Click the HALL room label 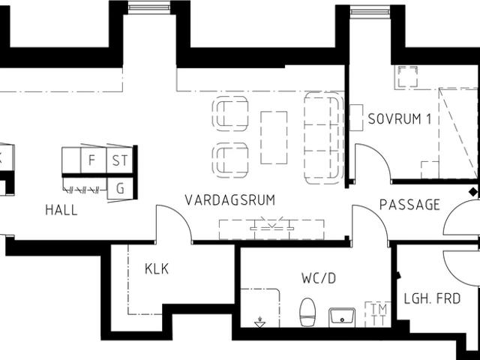pyautogui.click(x=61, y=211)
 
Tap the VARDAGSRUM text pyautogui.click(x=230, y=200)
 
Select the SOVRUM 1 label pyautogui.click(x=399, y=119)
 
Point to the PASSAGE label pyautogui.click(x=409, y=205)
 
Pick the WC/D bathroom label pyautogui.click(x=319, y=278)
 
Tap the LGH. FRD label pyautogui.click(x=432, y=298)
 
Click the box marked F pyautogui.click(x=92, y=160)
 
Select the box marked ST pyautogui.click(x=119, y=160)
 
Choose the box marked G pyautogui.click(x=120, y=187)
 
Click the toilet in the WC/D pyautogui.click(x=307, y=313)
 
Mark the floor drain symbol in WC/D pyautogui.click(x=259, y=323)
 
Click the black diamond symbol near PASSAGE pyautogui.click(x=472, y=192)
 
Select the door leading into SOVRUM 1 pyautogui.click(x=373, y=163)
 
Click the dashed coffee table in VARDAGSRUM pyautogui.click(x=274, y=137)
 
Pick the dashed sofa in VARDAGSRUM pyautogui.click(x=323, y=137)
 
